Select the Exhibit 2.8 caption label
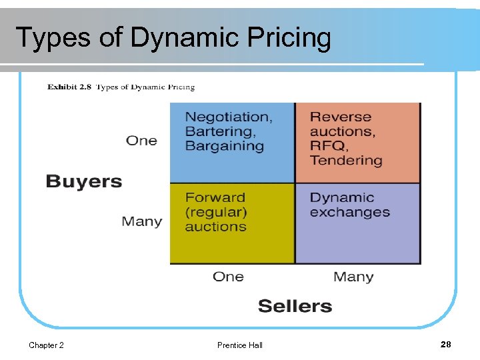tap(70, 87)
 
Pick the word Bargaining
tap(225, 146)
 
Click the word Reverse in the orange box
tap(341, 117)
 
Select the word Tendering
tap(346, 161)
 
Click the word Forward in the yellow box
tap(215, 197)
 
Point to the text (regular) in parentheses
tap(216, 212)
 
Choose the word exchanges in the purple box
tap(350, 213)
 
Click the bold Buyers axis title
tap(84, 181)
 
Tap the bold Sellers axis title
tap(295, 306)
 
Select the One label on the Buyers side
tap(141, 141)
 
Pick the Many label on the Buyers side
tap(141, 221)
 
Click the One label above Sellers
tap(228, 277)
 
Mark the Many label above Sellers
tap(353, 277)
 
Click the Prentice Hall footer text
tap(240, 345)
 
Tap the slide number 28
tap(446, 345)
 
